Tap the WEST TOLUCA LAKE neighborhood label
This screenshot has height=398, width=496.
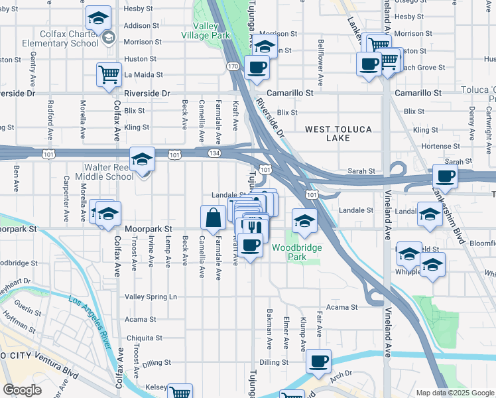(x=338, y=133)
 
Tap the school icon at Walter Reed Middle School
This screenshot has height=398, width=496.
(x=142, y=160)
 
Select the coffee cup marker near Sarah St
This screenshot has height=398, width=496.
(x=445, y=176)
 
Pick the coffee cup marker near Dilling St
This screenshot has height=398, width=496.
(x=318, y=362)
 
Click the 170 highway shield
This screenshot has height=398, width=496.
(x=232, y=66)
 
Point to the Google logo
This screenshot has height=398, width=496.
(x=23, y=390)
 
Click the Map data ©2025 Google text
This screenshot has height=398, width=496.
(x=454, y=393)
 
